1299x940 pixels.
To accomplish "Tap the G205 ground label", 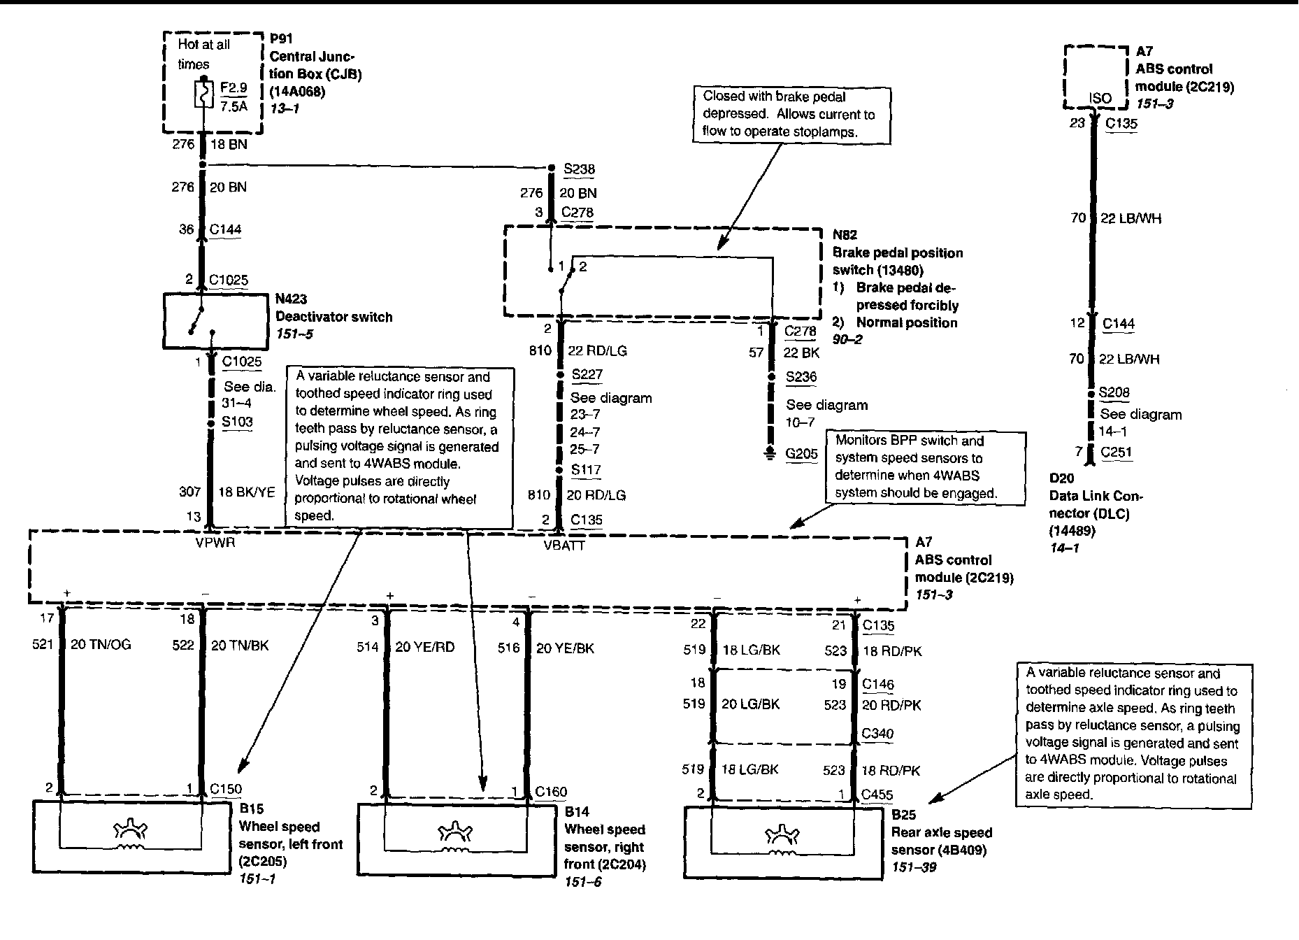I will (801, 453).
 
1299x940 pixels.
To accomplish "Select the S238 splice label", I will (580, 169).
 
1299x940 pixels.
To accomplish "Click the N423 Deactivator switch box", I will (215, 321).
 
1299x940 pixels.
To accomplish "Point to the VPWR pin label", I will (215, 541).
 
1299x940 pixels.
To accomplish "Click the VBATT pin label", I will (564, 545).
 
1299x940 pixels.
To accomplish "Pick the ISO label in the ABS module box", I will (1100, 98).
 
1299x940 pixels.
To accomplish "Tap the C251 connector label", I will (1116, 452).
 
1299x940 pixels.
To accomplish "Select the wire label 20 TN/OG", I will (101, 644).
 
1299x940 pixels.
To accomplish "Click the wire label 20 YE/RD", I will (425, 647).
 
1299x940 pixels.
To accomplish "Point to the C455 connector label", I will (877, 795).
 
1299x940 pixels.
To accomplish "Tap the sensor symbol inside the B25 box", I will (782, 839).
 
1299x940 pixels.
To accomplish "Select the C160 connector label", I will (551, 792).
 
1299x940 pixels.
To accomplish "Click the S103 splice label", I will (237, 422).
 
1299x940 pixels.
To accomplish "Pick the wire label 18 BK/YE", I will (247, 492).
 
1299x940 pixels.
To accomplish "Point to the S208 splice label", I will (1114, 392).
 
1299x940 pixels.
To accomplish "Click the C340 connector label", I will (877, 734).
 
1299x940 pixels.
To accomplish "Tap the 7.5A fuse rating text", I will (234, 106).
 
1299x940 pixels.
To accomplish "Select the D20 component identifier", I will (1061, 478).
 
